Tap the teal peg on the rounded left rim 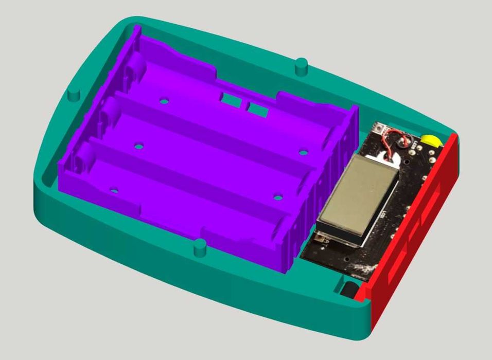coord(74,94)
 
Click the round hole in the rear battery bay coord(164,101)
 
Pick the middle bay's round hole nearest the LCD coord(303,152)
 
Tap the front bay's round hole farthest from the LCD coord(114,191)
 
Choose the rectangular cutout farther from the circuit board coord(231,99)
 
